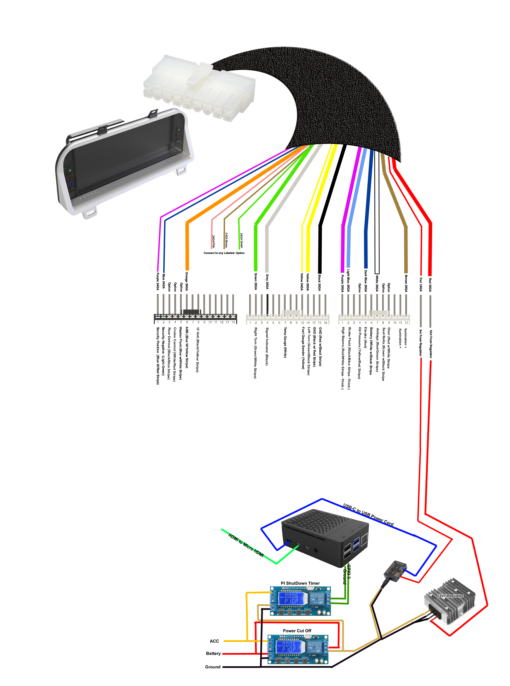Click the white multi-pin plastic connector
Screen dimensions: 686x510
(x=199, y=88)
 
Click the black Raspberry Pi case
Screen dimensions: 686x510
(x=324, y=537)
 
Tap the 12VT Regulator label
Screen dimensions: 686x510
(x=450, y=596)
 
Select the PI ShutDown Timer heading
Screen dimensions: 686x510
(x=300, y=583)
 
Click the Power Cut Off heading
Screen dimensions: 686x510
(x=297, y=630)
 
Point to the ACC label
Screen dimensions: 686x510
(x=214, y=641)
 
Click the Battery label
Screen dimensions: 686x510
(x=213, y=653)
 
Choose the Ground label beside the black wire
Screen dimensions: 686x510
(x=213, y=667)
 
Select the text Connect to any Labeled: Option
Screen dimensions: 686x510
(x=224, y=253)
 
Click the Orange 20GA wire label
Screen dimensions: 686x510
(x=186, y=281)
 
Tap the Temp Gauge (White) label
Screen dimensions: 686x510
(x=285, y=343)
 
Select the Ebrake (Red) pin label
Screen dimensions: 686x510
(x=365, y=337)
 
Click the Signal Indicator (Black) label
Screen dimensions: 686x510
(x=267, y=347)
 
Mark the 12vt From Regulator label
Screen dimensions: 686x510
(x=431, y=344)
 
